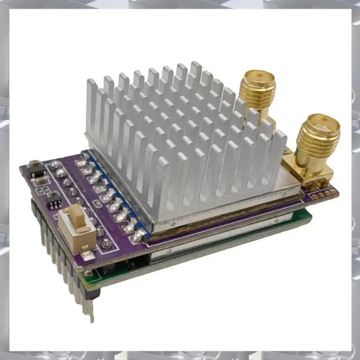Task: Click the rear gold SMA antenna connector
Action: pyautogui.click(x=258, y=88)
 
